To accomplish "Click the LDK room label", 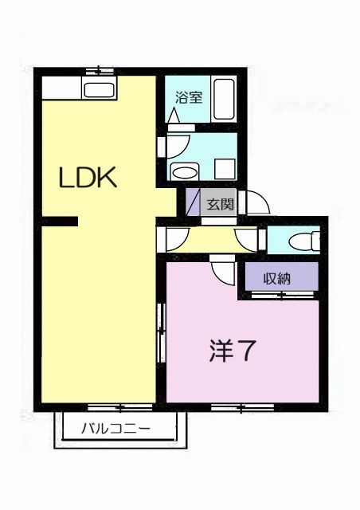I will coord(88,178).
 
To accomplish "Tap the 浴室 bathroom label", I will coord(189,100).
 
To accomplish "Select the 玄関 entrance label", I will coord(221,203).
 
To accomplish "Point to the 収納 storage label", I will coord(278,279).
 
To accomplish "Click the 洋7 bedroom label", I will coord(233,351).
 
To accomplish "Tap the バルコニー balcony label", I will coord(115,430).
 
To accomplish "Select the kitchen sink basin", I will coord(99,90).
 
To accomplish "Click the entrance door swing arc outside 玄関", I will coord(257,202).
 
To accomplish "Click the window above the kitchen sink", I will coord(99,71).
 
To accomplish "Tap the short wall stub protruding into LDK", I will coord(59,221).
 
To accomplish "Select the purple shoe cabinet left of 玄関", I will coord(192,202).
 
